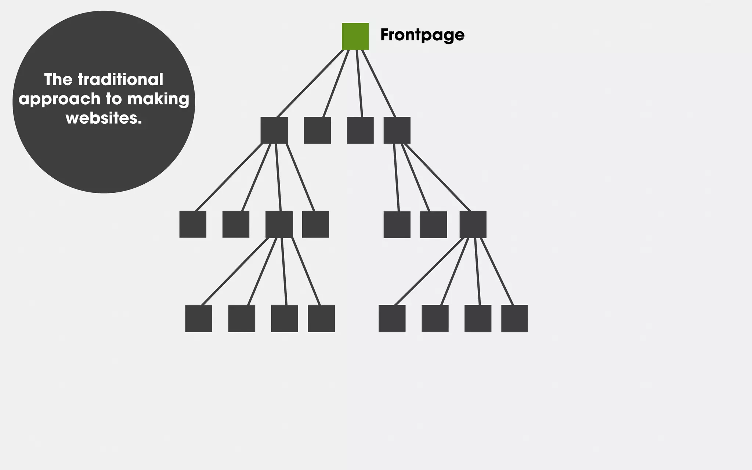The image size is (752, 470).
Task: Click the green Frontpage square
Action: (x=355, y=36)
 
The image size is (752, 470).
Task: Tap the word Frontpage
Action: (x=422, y=35)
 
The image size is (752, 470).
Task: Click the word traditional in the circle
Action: (x=120, y=80)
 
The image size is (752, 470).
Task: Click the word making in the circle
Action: (x=158, y=99)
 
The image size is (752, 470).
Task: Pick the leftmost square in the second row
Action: (x=274, y=130)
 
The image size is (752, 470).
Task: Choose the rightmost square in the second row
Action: (x=397, y=130)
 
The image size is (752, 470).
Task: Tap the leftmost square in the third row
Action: (x=193, y=224)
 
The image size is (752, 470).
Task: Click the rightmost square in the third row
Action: (x=473, y=224)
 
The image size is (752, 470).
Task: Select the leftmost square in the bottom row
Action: (x=199, y=318)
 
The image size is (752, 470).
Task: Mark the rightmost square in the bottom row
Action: (x=514, y=318)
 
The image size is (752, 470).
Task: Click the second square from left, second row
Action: (x=317, y=130)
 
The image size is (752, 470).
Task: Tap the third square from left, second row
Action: (x=360, y=130)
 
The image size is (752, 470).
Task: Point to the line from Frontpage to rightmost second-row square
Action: (x=378, y=83)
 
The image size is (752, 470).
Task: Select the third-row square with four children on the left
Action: (x=279, y=224)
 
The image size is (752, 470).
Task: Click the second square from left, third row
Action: (x=236, y=224)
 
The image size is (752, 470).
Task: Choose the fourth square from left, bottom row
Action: (x=321, y=318)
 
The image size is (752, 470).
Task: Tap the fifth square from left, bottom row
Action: (x=392, y=318)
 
